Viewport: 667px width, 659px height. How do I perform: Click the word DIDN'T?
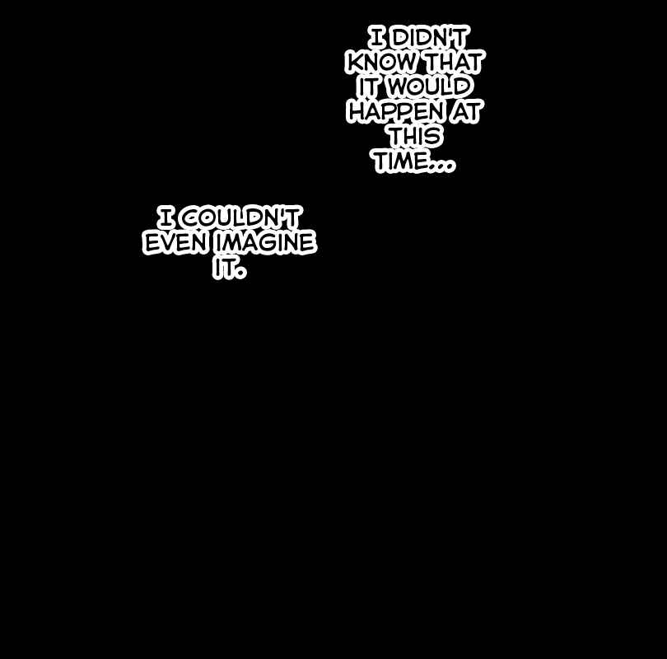coord(429,37)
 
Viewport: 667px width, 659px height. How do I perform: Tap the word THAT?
coord(455,62)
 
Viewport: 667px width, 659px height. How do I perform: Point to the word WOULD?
coord(430,86)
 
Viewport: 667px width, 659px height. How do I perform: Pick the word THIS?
coord(415,136)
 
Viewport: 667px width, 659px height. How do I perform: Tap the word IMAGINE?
coord(265,242)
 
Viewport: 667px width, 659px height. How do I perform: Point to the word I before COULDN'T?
coord(166,217)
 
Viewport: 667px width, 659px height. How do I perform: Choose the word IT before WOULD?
coord(368,86)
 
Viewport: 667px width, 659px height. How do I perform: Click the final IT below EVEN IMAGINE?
coord(223,268)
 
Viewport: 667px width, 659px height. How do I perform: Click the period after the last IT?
coord(240,273)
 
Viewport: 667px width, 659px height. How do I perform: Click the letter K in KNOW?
coord(357,62)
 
